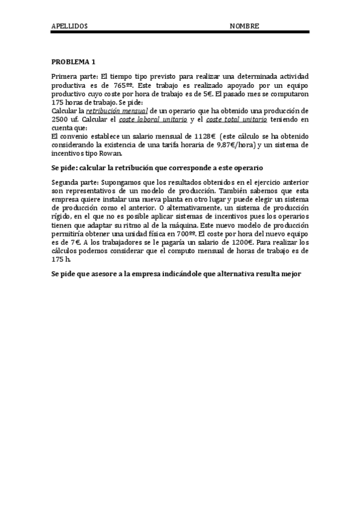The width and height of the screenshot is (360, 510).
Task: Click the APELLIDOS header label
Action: click(x=70, y=26)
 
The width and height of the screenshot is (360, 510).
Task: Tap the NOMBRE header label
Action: click(x=245, y=26)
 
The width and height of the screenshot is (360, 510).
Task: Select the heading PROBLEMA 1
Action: click(x=73, y=62)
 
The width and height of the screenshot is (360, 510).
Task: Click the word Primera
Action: click(x=66, y=78)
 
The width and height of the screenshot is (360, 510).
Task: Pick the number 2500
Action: click(x=61, y=120)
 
